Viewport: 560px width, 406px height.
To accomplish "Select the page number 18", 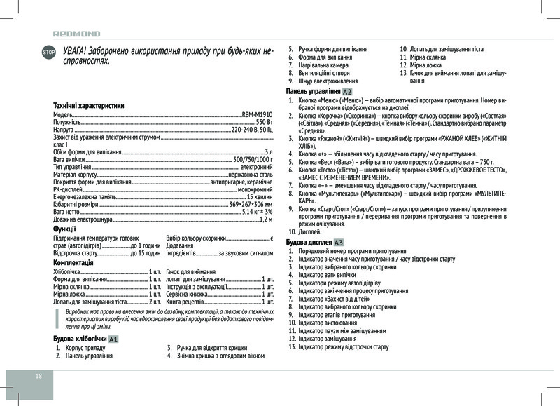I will click(x=39, y=376).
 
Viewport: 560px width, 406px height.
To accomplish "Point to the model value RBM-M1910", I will click(x=257, y=114).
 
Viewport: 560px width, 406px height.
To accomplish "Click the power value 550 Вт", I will click(x=264, y=122).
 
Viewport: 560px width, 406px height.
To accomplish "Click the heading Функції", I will click(x=65, y=229).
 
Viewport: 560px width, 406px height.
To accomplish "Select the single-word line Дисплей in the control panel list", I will click(x=309, y=231).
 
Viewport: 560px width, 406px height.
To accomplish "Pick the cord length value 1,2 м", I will click(x=265, y=220).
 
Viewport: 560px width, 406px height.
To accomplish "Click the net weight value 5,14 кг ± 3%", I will click(x=256, y=212).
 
